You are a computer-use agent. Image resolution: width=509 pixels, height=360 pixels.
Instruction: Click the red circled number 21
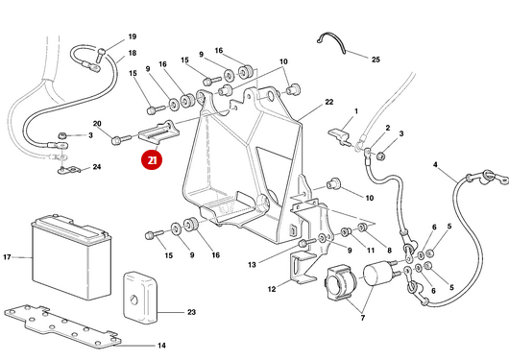[x=150, y=161]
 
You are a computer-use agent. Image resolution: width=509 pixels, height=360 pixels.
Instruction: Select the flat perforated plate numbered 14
[x=62, y=323]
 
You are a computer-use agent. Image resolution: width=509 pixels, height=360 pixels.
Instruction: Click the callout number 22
[x=328, y=102]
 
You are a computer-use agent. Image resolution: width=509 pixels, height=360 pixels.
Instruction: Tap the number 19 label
[x=133, y=36]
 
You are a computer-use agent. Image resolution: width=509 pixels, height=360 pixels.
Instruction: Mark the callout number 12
[x=272, y=288]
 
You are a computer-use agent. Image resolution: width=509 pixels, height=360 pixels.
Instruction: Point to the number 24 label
[x=96, y=168]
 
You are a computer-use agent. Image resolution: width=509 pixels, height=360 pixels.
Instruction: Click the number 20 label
[x=97, y=124]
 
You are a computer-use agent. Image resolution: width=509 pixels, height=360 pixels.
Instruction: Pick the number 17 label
[x=7, y=257]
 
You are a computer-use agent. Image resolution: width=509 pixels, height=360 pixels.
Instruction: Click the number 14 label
[x=161, y=345]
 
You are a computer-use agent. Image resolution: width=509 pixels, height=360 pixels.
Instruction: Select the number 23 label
[x=191, y=312]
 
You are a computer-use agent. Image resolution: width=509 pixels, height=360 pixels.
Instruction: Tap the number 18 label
[x=133, y=53]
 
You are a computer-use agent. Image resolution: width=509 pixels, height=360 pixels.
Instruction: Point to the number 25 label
[x=376, y=60]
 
